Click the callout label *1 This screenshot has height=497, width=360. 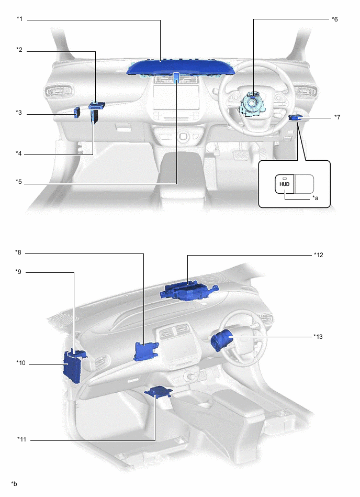pos(19,19)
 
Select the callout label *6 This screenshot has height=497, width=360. pos(335,19)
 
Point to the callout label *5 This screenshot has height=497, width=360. pos(19,183)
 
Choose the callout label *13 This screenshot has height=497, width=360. pos(319,336)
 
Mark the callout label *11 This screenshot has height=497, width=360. pos(21,440)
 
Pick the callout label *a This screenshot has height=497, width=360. pos(315,198)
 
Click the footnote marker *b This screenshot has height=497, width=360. pos(14,483)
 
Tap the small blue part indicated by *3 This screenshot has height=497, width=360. pos(76,112)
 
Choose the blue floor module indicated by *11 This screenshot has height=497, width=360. pos(157,393)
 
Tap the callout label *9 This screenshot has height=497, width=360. pos(19,272)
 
